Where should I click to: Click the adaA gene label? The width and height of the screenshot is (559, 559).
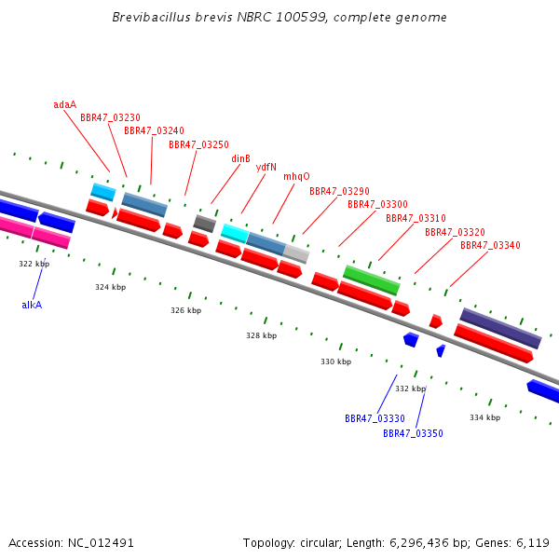[x=64, y=104]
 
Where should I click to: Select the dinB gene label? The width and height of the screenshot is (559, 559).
[x=240, y=158]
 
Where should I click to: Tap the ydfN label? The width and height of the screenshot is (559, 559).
[x=266, y=167]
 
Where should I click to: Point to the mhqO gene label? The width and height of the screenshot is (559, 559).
[x=296, y=176]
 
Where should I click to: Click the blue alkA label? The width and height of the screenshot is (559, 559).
[x=32, y=305]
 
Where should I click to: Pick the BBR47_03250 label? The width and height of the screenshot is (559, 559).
[x=198, y=144]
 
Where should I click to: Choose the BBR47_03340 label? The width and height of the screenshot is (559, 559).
[x=490, y=245]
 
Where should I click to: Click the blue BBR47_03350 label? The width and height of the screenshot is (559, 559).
[x=413, y=433]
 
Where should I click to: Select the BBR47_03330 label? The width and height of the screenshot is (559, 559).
[x=375, y=418]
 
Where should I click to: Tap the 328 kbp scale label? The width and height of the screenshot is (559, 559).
[x=261, y=335]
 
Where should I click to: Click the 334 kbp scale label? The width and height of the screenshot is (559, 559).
[x=484, y=417]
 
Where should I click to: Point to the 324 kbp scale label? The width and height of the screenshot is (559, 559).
[x=111, y=287]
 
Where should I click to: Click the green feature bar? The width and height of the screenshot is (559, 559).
[x=372, y=280]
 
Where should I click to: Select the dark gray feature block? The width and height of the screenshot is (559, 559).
[x=205, y=224]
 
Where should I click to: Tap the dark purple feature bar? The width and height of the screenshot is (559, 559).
[x=500, y=328]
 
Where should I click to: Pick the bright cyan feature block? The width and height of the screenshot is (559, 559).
[x=235, y=234]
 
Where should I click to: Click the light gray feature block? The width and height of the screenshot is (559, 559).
[x=296, y=253]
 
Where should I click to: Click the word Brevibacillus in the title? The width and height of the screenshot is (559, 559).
[x=152, y=17]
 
